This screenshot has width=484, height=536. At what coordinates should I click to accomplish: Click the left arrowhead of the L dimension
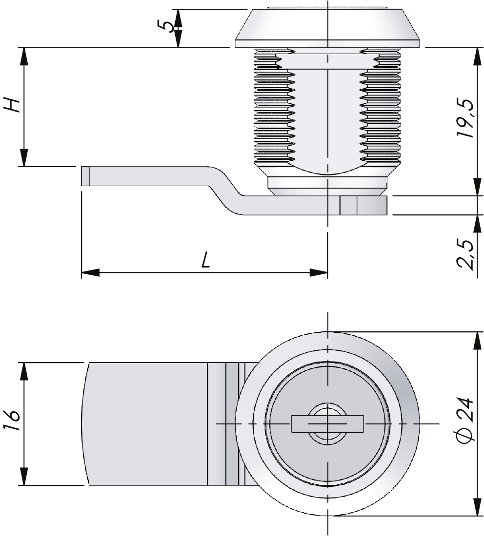(x=90, y=272)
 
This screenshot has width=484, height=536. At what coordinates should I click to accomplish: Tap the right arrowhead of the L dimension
(x=319, y=272)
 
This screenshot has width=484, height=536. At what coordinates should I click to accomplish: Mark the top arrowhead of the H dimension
(x=24, y=57)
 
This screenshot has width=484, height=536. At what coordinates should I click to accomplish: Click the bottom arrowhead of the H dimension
(x=24, y=157)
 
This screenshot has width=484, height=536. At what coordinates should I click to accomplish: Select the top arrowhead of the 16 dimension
(x=24, y=371)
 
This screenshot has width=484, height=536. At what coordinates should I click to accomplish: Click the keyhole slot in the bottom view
(x=327, y=423)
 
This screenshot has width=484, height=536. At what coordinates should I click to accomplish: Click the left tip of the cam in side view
(x=81, y=176)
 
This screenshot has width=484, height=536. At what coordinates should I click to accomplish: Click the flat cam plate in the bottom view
(x=147, y=423)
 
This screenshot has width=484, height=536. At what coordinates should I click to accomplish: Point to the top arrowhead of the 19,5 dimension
(x=478, y=57)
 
